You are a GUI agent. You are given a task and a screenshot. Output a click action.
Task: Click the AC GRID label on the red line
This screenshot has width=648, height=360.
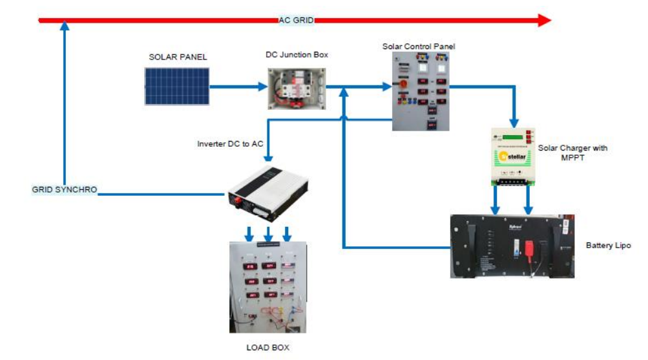pyautogui.click(x=296, y=20)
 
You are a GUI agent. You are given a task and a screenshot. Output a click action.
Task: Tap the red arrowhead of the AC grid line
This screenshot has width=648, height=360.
pyautogui.click(x=545, y=20)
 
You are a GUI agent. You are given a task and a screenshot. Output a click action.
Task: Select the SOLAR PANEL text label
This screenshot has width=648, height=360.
pyautogui.click(x=178, y=57)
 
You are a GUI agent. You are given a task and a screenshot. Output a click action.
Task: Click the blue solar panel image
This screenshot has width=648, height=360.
pyautogui.click(x=177, y=87)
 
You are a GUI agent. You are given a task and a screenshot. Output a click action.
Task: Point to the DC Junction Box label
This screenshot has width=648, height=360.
pyautogui.click(x=297, y=55)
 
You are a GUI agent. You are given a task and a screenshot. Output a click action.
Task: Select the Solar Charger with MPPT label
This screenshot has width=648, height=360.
pyautogui.click(x=572, y=153)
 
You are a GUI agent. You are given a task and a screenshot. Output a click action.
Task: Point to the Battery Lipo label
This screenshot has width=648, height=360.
pyautogui.click(x=608, y=246)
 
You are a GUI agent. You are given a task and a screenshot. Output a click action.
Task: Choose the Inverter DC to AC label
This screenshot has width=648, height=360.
pyautogui.click(x=230, y=143)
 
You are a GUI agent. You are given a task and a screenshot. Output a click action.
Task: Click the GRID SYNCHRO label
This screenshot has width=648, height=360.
pyautogui.click(x=65, y=189)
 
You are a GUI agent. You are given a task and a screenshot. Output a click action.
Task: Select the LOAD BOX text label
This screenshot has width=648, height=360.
pyautogui.click(x=267, y=348)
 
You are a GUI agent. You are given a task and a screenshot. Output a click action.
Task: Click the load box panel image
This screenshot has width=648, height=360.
pyautogui.click(x=267, y=287)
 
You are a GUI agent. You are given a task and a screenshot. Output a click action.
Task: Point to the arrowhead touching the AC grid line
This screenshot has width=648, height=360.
pyautogui.click(x=64, y=26)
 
